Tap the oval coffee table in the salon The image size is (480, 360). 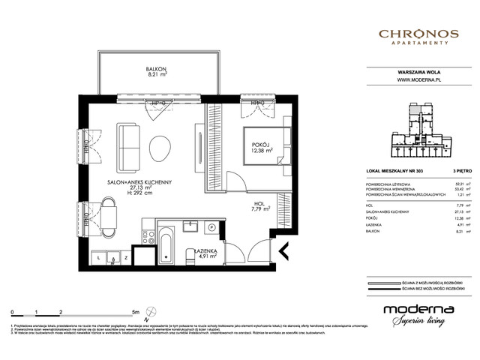pyautogui.click(x=160, y=147)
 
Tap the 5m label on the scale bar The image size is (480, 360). pyautogui.click(x=134, y=310)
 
